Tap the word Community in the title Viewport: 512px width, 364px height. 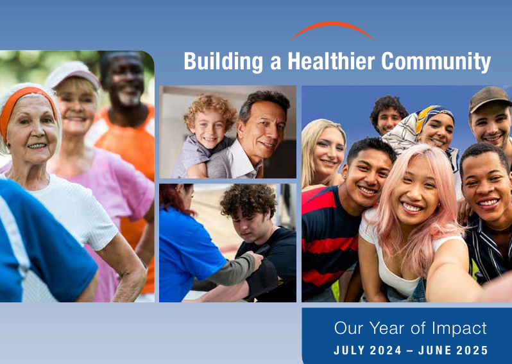click(436, 62)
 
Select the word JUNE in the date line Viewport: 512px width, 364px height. click(435, 351)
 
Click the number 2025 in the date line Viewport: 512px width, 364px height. click(472, 351)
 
